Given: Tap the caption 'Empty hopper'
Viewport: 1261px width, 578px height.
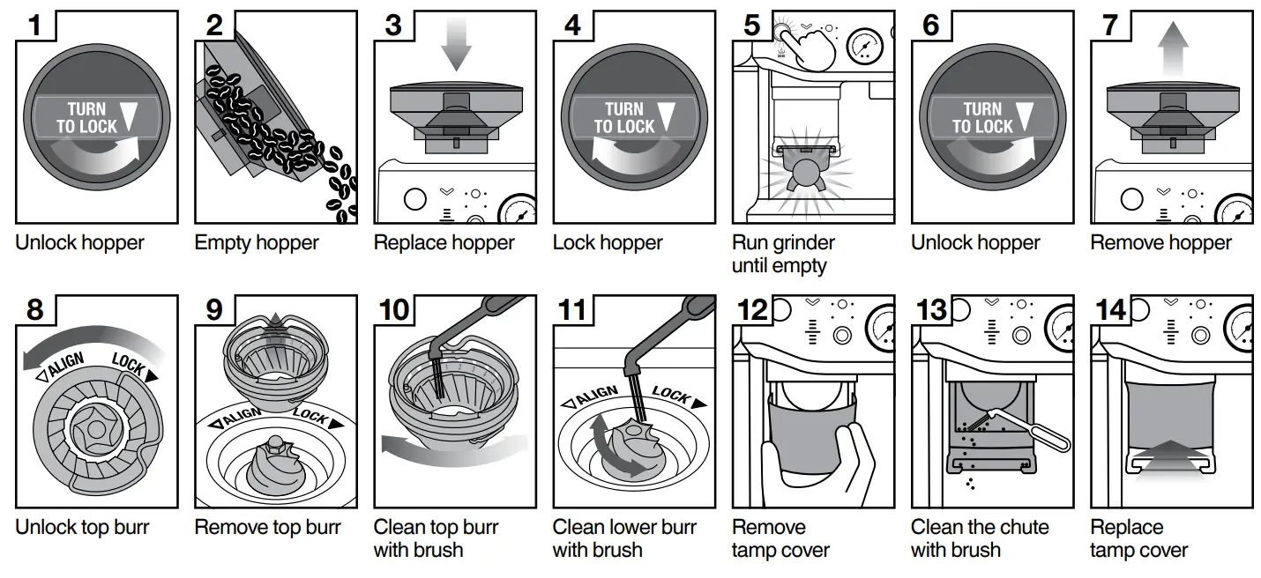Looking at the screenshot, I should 257,242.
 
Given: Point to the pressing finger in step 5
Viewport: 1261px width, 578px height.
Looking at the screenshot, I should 811,44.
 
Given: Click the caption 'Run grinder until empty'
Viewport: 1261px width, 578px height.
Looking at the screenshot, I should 783,253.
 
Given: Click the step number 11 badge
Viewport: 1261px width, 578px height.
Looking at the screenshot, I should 572,310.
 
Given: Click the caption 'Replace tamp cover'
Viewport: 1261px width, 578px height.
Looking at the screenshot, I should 1138,538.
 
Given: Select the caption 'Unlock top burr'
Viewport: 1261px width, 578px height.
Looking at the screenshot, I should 82,527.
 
